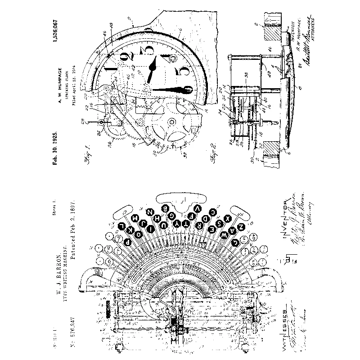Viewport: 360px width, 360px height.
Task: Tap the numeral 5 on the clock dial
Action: coord(183,72)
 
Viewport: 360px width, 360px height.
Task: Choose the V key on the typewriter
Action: coord(198,208)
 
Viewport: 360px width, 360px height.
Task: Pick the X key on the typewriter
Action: coord(228,218)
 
